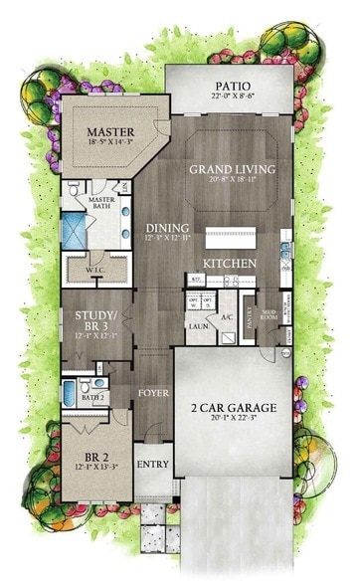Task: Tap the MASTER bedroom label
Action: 110,131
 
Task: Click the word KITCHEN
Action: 230,263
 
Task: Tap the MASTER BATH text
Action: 100,203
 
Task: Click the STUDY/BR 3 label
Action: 96,319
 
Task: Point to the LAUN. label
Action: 197,323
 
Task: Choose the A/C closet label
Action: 226,316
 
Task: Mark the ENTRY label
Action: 153,464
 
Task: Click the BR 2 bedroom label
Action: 96,457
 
